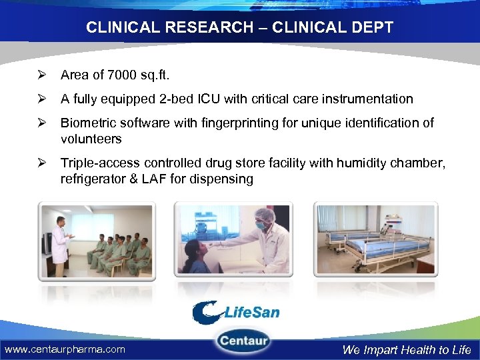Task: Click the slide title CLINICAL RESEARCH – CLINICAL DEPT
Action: click(239, 28)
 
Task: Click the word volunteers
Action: click(91, 139)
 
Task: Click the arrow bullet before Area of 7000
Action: click(41, 74)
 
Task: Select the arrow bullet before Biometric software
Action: click(41, 123)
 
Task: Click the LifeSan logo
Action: click(236, 313)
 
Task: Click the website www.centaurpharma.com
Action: click(65, 349)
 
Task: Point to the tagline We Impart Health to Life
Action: click(406, 349)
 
